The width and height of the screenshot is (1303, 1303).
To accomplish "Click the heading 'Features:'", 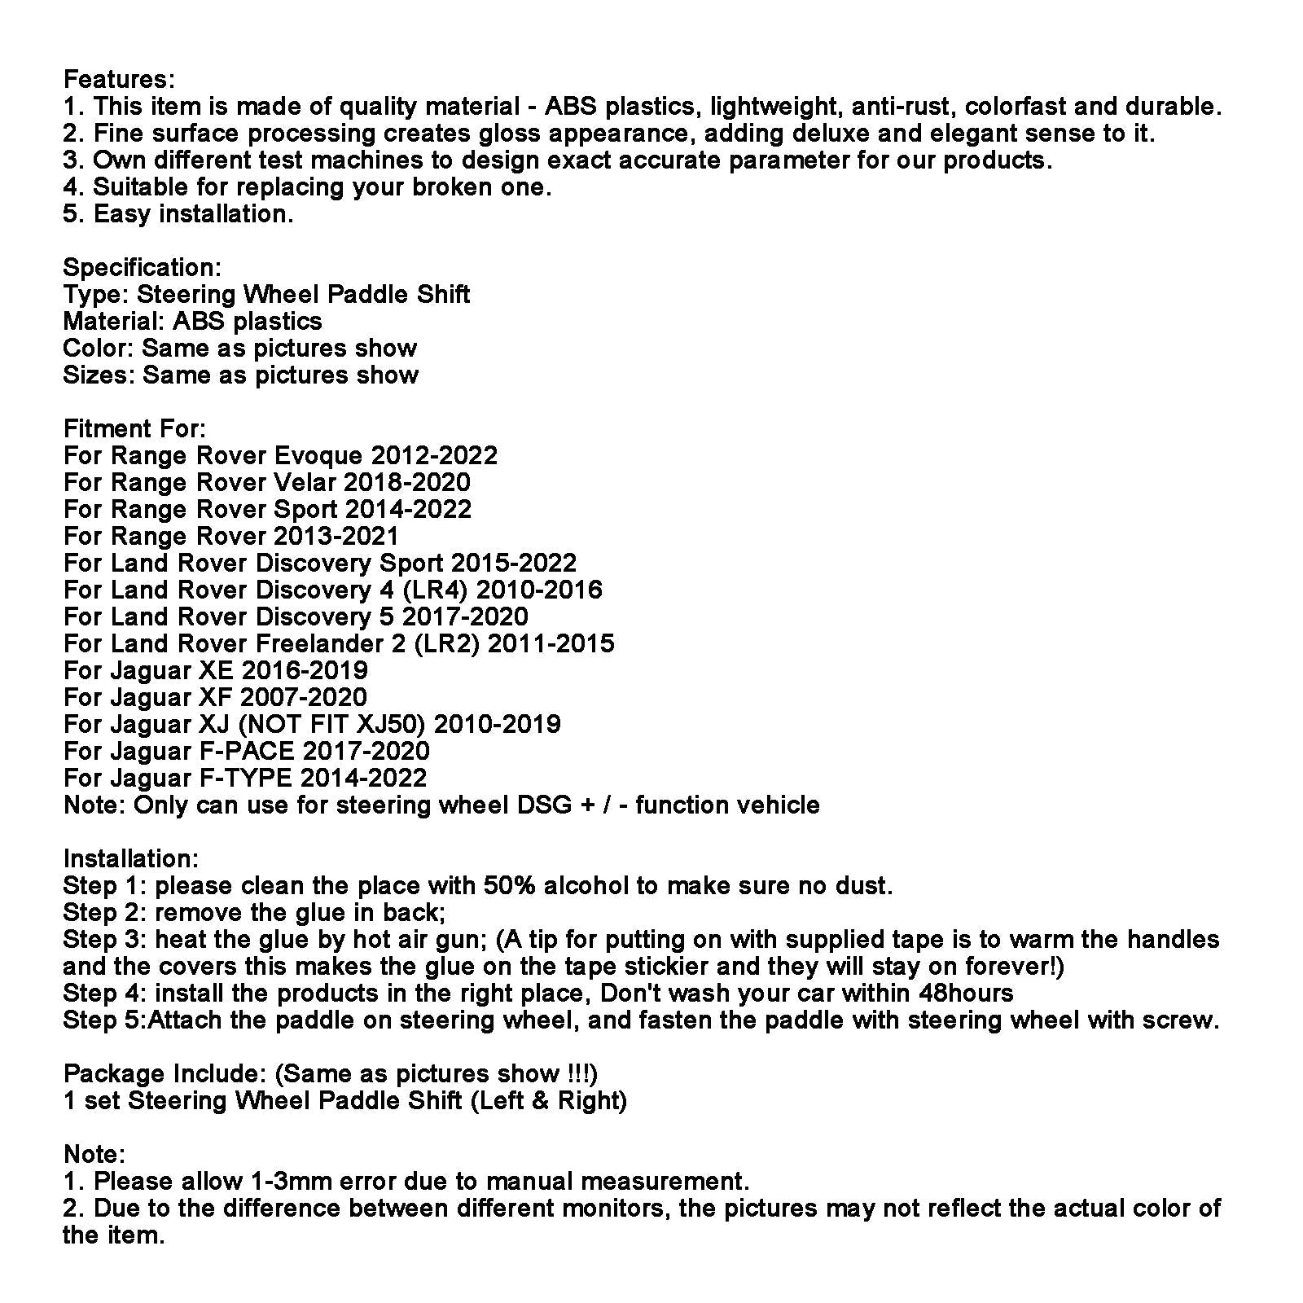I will tap(119, 80).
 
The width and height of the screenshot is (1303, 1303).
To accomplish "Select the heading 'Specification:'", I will tap(142, 268).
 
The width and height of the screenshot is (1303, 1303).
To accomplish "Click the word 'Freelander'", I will tap(316, 644).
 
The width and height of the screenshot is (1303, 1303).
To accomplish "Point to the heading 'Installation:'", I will tap(130, 859).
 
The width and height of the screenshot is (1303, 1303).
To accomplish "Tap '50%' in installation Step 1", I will tap(509, 886).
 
